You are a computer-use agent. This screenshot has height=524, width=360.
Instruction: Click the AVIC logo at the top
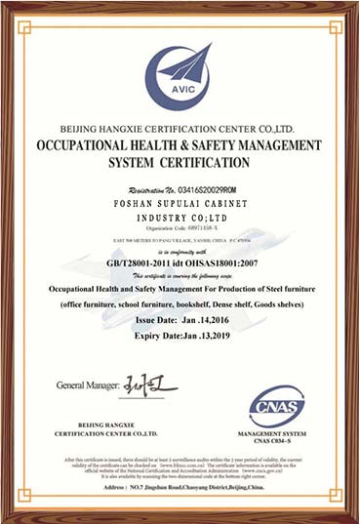(x=180, y=73)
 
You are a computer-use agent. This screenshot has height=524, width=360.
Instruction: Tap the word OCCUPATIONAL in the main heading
(x=84, y=144)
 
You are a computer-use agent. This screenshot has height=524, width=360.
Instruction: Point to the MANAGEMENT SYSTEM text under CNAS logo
(x=277, y=432)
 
